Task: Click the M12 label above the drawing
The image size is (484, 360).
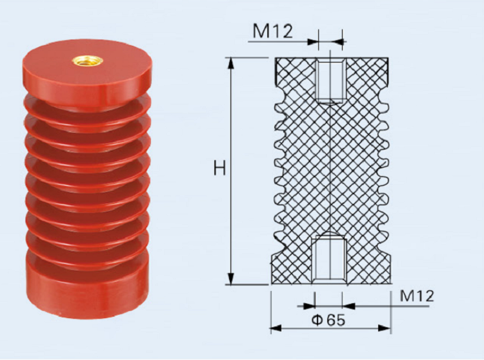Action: [x=273, y=30]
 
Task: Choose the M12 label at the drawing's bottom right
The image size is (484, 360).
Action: [x=417, y=296]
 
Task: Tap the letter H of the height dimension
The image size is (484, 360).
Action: [x=220, y=169]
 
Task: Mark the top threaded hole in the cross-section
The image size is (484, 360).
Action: [x=330, y=81]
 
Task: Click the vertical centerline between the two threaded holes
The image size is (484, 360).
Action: [x=330, y=168]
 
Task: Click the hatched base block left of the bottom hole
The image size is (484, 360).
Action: [x=294, y=268]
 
